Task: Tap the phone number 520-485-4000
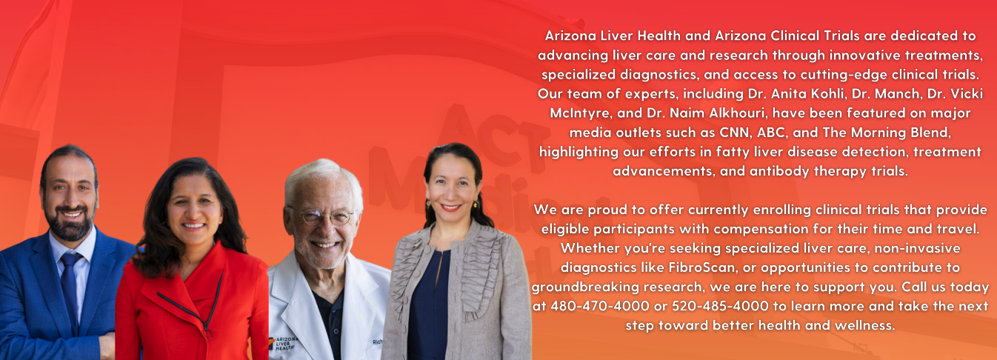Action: click(720, 306)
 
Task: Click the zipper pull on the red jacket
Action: click(207, 332)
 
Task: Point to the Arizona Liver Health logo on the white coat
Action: click(283, 343)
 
